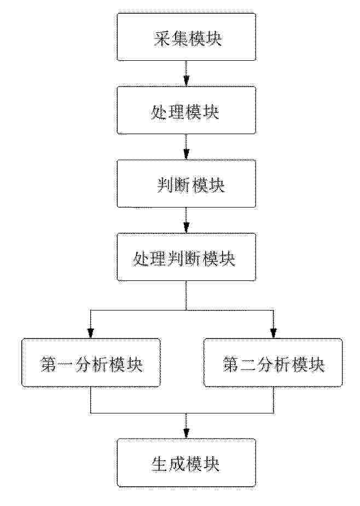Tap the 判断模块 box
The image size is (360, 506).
186,184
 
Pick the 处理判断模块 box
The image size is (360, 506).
186,257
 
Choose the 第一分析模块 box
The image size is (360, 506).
91,363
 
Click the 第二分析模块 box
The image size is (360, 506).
273,363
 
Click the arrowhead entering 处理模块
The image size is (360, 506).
186,82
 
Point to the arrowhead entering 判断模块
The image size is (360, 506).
186,156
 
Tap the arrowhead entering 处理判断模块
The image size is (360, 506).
186,229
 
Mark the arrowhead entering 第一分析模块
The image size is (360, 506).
91,332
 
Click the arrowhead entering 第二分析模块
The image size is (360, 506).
273,332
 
